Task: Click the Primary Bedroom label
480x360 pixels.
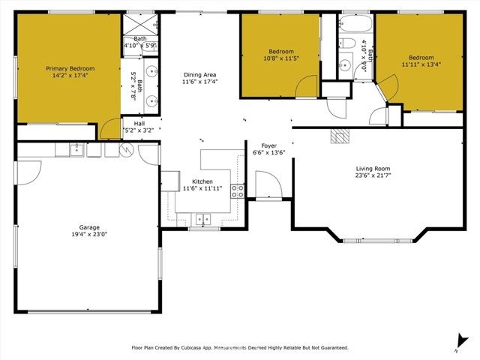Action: [x=67, y=67]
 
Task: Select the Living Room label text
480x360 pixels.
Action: [x=374, y=169]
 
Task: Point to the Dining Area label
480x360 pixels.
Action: [x=200, y=74]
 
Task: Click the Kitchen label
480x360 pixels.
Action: [x=202, y=181]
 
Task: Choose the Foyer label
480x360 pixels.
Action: [x=269, y=145]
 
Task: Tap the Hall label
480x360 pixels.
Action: [x=139, y=123]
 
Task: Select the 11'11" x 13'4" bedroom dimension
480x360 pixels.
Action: [x=421, y=64]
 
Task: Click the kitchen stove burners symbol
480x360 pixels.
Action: [x=238, y=190]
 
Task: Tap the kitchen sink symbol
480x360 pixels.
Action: [x=202, y=219]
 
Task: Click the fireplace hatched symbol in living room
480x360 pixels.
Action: [x=340, y=136]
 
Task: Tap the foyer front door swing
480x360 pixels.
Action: [x=268, y=185]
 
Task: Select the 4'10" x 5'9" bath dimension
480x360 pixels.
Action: [x=140, y=45]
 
